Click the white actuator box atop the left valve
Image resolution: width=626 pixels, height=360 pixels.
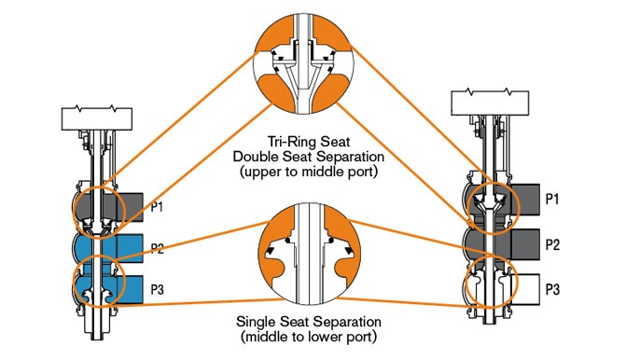click(x=99, y=118)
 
